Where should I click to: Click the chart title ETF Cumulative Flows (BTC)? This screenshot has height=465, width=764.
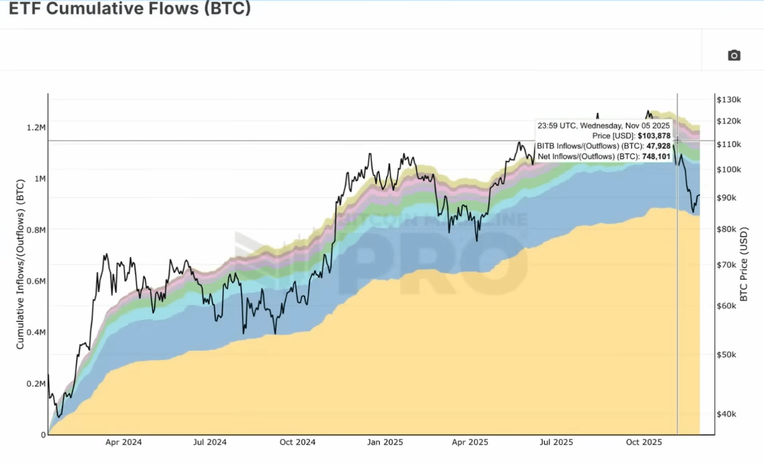pyautogui.click(x=130, y=10)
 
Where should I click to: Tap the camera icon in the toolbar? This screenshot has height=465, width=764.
pyautogui.click(x=734, y=55)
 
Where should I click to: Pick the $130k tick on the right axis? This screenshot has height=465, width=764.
pyautogui.click(x=728, y=100)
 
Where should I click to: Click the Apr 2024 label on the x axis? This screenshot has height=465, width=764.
pyautogui.click(x=124, y=443)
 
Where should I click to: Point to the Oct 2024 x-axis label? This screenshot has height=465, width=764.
pyautogui.click(x=297, y=443)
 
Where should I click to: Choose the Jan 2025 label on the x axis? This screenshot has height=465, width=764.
pyautogui.click(x=384, y=443)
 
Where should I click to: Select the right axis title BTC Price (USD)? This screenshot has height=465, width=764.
pyautogui.click(x=744, y=264)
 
